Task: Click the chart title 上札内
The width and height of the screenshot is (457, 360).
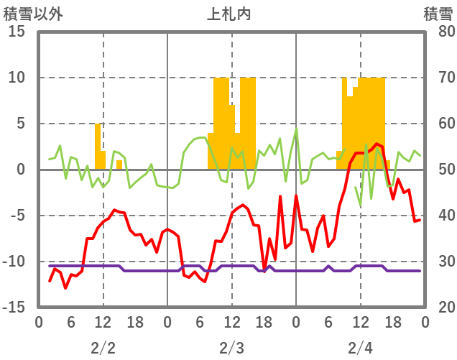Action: (x=229, y=14)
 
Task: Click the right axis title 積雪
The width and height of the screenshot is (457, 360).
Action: (x=437, y=14)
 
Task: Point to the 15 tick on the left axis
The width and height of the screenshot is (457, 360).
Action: (x=16, y=32)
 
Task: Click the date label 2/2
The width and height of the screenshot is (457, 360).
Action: (x=103, y=348)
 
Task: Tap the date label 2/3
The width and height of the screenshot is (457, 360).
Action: (x=231, y=348)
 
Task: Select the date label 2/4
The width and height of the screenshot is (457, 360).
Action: (x=360, y=348)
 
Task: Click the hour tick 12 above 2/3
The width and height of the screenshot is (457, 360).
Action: (x=231, y=323)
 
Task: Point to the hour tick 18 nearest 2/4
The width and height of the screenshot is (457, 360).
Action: (x=392, y=323)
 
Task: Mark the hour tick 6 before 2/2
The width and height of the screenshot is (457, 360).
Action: (x=70, y=323)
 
